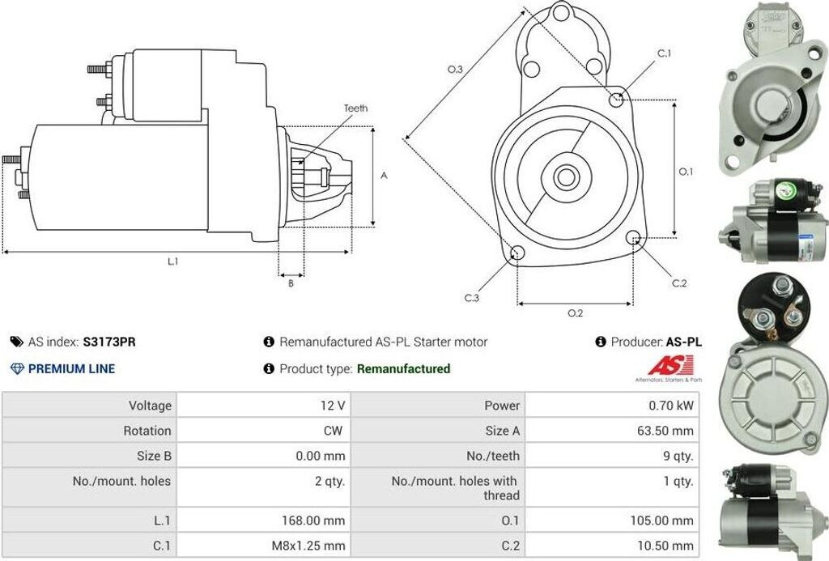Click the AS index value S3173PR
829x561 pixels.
(x=109, y=342)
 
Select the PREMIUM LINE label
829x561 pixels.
(x=71, y=368)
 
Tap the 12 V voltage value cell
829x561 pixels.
(x=333, y=405)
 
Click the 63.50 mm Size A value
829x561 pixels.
(x=665, y=431)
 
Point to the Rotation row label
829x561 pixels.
(x=147, y=431)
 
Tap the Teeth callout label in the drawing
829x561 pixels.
(x=355, y=108)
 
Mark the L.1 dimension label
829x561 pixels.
(x=172, y=261)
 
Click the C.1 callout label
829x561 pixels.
(x=664, y=53)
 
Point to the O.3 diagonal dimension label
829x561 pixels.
(x=455, y=70)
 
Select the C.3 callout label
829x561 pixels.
(x=472, y=298)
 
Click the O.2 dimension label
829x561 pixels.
(x=575, y=313)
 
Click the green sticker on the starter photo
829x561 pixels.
(x=784, y=191)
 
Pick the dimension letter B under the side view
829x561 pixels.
(x=291, y=283)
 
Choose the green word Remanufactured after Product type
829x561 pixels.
(x=403, y=368)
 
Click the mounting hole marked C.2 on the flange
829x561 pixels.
(x=635, y=238)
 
